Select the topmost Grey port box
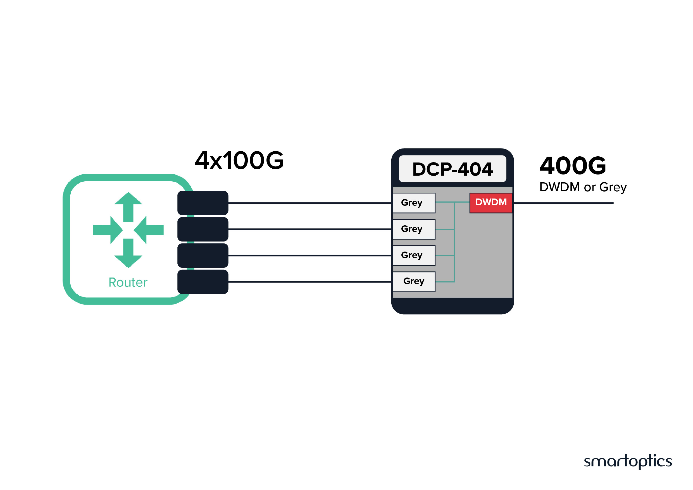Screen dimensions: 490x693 [x=413, y=203]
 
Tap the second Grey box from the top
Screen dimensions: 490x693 [x=413, y=229]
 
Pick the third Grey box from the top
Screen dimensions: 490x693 [x=413, y=255]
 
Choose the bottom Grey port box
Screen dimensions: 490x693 [x=413, y=281]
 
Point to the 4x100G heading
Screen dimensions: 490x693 [x=239, y=161]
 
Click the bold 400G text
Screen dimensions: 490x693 [x=573, y=166]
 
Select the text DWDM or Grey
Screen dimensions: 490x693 [x=583, y=187]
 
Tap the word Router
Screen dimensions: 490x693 [x=128, y=283]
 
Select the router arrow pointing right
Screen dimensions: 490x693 [x=108, y=230]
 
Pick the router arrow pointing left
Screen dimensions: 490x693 [x=149, y=230]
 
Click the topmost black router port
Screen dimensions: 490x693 [x=203, y=203]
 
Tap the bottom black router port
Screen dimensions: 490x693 [x=203, y=281]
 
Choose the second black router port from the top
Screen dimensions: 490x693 [x=203, y=229]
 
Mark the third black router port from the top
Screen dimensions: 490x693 [x=203, y=255]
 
